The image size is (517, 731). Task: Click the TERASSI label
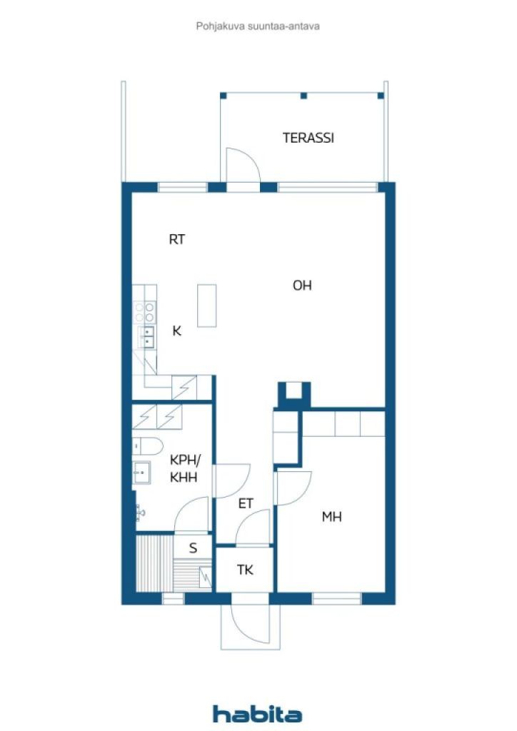[308, 138]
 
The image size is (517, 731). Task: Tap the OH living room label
[302, 286]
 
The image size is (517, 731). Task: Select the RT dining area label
[176, 240]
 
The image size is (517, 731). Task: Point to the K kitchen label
[176, 331]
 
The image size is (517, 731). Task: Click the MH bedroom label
[332, 517]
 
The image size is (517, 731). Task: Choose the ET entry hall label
[246, 504]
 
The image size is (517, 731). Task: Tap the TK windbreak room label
[245, 570]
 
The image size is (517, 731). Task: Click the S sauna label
[193, 548]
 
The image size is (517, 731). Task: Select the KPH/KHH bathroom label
[185, 468]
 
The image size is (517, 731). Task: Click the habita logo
[257, 714]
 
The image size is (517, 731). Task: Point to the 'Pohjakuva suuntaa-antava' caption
[258, 26]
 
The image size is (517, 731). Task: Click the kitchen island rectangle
[207, 306]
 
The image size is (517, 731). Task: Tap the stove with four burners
[144, 312]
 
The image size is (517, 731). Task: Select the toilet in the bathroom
[147, 446]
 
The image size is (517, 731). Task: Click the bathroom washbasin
[141, 473]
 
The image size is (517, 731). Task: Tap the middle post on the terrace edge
[303, 96]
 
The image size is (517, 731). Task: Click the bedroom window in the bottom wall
[336, 599]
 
